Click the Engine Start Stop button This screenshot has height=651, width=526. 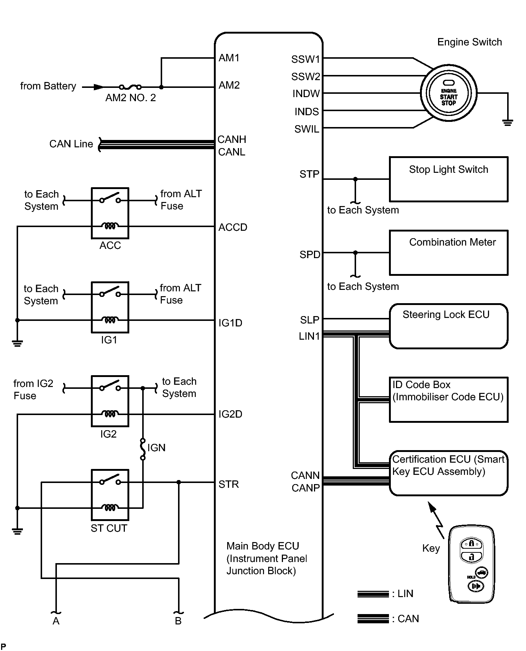click(x=449, y=93)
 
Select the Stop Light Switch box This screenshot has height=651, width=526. click(x=449, y=179)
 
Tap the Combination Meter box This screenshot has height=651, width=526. click(x=449, y=253)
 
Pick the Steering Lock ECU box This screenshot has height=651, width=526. click(x=449, y=326)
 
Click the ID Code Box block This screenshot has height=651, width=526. click(x=449, y=400)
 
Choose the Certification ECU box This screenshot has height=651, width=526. click(x=449, y=473)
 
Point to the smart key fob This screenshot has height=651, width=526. click(x=472, y=564)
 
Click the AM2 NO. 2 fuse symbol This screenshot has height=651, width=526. click(x=130, y=87)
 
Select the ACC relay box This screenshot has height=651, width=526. click(x=110, y=213)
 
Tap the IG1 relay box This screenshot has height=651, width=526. click(x=110, y=307)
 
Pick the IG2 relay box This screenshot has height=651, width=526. click(x=110, y=401)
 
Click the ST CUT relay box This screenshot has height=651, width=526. click(x=110, y=495)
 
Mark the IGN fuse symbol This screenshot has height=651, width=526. click(x=143, y=449)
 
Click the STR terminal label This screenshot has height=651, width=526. click(x=229, y=484)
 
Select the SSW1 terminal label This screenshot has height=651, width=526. click(x=305, y=59)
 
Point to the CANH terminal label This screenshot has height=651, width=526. click(x=232, y=139)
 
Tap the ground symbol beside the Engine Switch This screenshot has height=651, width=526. click(x=508, y=123)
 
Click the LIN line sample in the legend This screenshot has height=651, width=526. click(x=373, y=594)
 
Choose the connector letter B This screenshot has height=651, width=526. click(x=178, y=621)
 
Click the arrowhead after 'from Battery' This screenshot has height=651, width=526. click(x=99, y=87)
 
